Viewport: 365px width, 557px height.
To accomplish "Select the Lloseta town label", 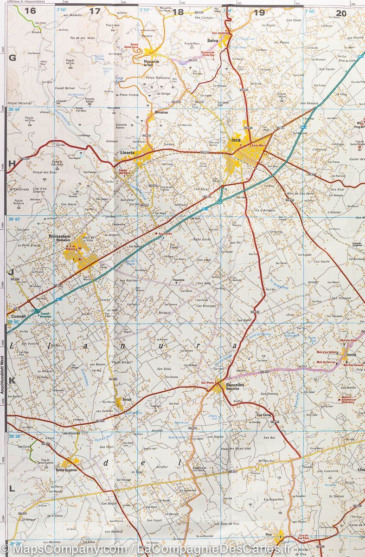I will point(127,152).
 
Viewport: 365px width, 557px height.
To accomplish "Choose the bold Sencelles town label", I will point(235,385).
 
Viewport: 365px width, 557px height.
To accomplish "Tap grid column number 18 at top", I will point(178,13).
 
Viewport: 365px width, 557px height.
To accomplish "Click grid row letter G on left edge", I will point(13,58).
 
